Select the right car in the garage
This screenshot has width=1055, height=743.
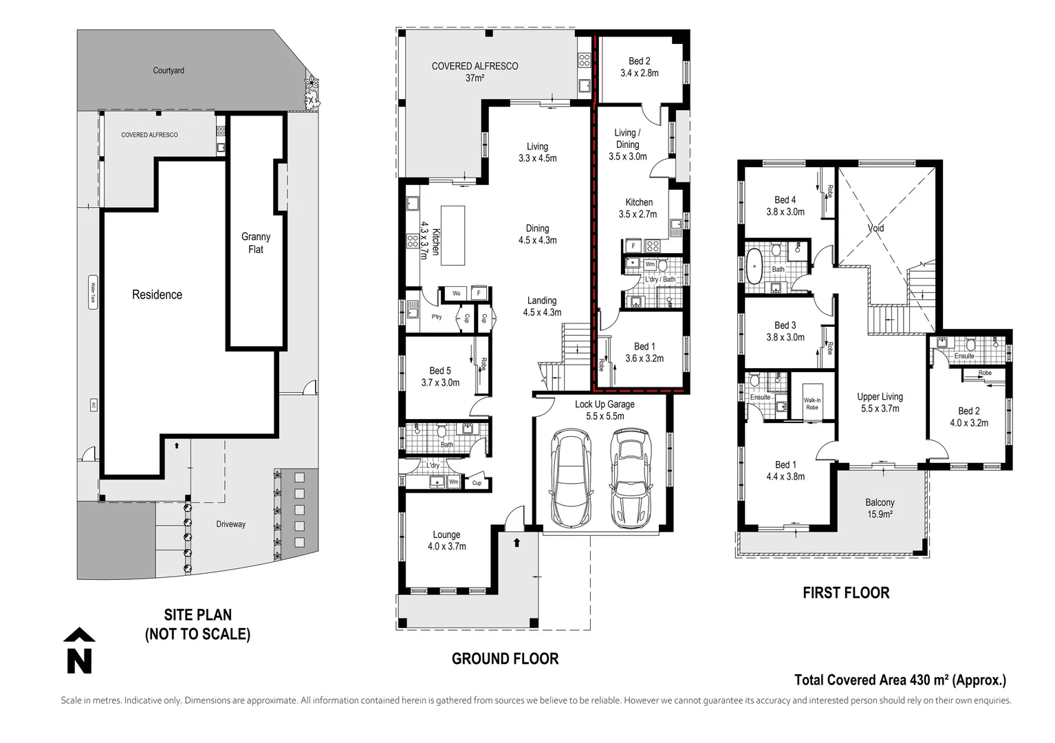(629, 478)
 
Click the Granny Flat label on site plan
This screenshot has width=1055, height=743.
(256, 243)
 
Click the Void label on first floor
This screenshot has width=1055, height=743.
(875, 228)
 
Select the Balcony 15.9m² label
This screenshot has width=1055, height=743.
(880, 508)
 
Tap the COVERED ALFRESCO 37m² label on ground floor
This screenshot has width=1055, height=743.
(475, 72)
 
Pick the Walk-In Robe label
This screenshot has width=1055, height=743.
(812, 404)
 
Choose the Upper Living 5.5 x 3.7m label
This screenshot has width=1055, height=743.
(880, 402)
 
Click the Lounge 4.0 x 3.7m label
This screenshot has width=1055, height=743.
(446, 540)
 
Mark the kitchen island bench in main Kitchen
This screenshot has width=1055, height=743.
(453, 235)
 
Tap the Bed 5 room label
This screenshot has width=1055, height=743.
(440, 376)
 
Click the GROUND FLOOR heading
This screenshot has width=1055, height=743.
(505, 659)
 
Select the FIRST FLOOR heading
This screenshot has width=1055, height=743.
(846, 593)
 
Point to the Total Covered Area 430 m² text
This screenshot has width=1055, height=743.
(900, 680)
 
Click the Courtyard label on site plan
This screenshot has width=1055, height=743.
(168, 70)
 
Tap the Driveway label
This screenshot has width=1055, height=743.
(230, 524)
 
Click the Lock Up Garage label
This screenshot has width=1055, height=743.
(605, 410)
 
